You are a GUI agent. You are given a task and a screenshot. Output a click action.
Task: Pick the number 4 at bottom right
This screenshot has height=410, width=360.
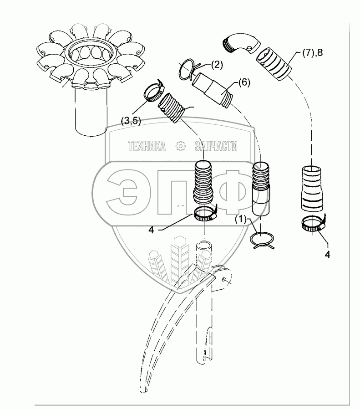point(327,254)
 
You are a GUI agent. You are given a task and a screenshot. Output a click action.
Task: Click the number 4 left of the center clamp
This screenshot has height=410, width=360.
point(151,230)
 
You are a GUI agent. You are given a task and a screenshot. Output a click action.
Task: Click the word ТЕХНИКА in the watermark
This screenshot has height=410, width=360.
point(147,146)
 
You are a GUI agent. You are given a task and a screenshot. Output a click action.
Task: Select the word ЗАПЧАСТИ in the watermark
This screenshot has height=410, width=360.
point(216,146)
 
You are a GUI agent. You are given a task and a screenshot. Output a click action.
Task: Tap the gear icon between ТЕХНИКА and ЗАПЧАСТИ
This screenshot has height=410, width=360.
point(181,146)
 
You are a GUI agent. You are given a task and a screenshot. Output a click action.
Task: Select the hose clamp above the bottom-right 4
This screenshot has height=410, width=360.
point(314,224)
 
